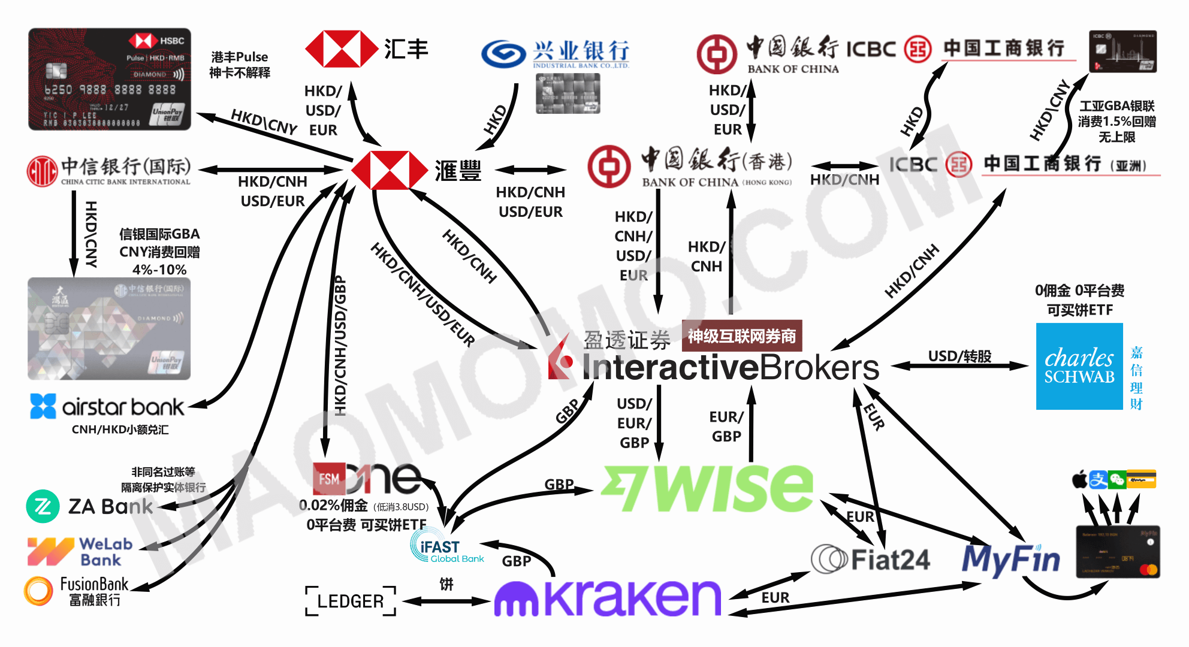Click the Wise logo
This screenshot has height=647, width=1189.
coord(707,488)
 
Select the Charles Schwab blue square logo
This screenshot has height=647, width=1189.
coord(1079,366)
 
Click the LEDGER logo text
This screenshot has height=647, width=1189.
coord(351,601)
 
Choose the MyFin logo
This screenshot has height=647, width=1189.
coord(1011,559)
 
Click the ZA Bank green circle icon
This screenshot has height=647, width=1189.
coord(43,506)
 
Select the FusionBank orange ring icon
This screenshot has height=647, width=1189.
coord(38,591)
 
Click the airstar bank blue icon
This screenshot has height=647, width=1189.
coord(43,406)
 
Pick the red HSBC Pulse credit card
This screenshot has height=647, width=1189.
coord(110,79)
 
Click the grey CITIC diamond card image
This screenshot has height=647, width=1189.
coord(109,328)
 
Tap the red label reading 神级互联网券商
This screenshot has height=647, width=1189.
coord(741,336)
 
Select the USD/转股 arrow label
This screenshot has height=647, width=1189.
coord(959,356)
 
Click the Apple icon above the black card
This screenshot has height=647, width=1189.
coord(1079,480)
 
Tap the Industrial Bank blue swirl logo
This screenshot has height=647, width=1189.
coord(503,54)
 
